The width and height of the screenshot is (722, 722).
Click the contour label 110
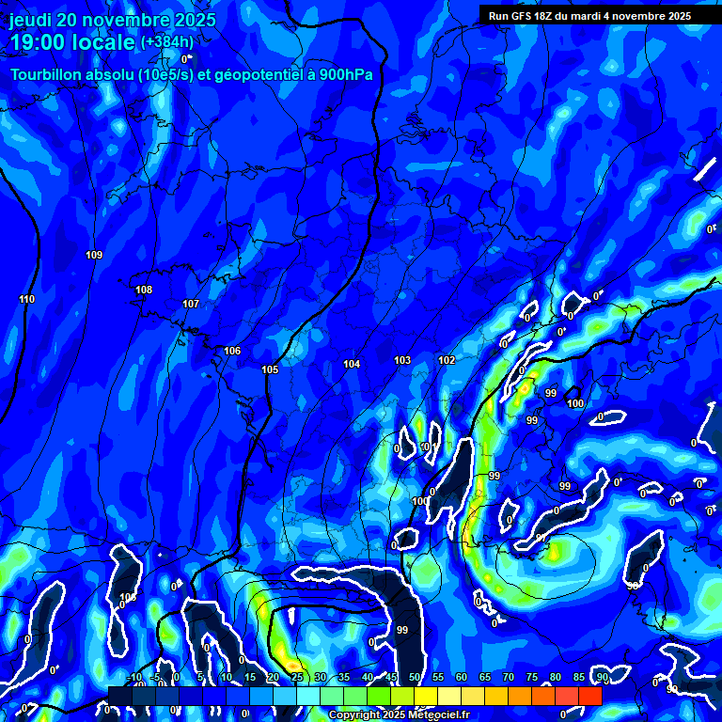point(26,299)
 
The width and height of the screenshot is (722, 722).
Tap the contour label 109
point(94,255)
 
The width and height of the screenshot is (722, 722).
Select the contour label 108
point(144,290)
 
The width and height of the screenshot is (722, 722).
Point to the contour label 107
point(191,304)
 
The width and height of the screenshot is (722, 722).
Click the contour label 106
point(232,351)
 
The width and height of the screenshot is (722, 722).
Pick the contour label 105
point(270,369)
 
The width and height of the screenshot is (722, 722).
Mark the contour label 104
point(352,364)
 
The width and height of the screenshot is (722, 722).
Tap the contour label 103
point(402,360)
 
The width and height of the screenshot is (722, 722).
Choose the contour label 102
point(447,360)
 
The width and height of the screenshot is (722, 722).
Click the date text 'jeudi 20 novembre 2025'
point(112,20)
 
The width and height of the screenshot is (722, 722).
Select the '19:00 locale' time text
point(72,42)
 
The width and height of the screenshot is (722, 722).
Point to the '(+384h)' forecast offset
point(167,42)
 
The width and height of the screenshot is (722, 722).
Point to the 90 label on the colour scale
point(602,677)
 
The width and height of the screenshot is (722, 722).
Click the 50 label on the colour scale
point(415,677)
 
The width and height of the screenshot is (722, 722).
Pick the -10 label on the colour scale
point(133,677)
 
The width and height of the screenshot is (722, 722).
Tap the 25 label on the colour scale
point(297,677)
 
